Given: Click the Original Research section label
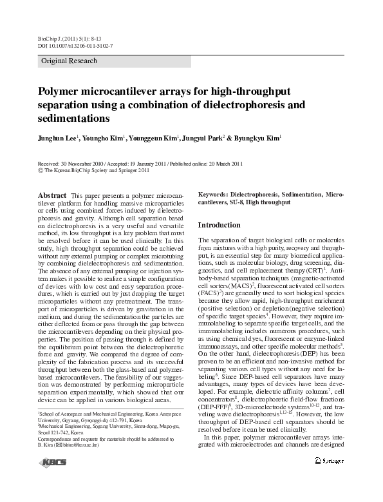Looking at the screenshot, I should point(69,61).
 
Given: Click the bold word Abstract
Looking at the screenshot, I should point(53,194).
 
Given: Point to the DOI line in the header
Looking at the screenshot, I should point(71,46).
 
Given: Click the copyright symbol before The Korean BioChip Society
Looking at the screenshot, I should point(41,171).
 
